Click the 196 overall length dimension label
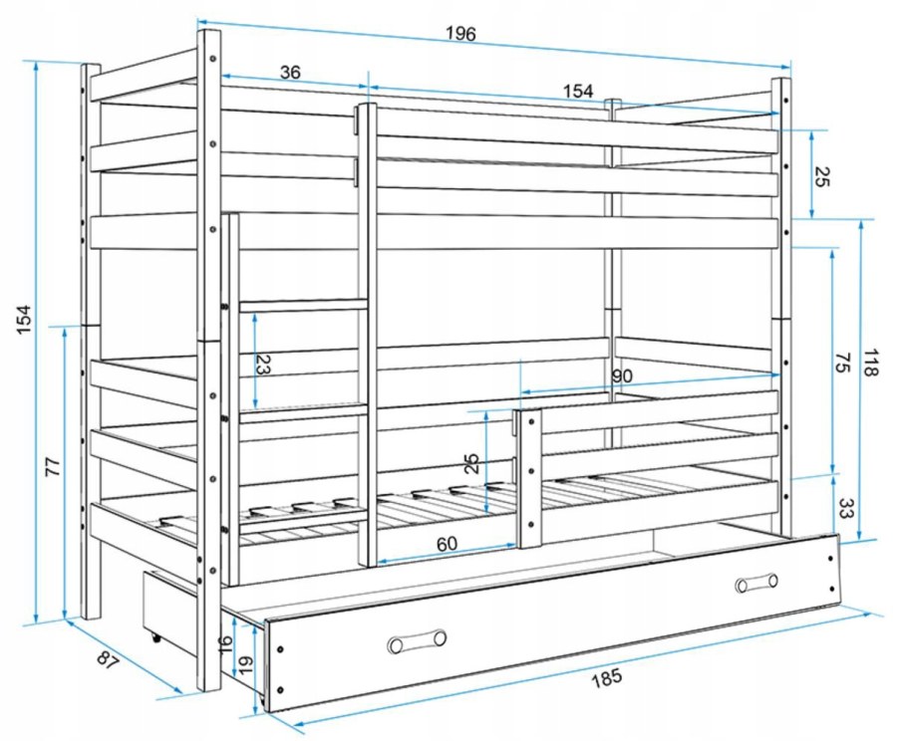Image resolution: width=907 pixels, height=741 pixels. [x=460, y=34]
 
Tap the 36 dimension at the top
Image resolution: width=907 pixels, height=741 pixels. [x=290, y=73]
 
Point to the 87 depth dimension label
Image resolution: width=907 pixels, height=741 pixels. [x=108, y=660]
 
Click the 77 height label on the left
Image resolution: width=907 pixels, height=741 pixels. [x=53, y=466]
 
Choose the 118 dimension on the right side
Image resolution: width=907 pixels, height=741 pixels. [x=870, y=363]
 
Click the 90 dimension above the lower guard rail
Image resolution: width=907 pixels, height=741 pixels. [x=622, y=376]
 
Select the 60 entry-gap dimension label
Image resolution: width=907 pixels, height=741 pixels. [x=447, y=544]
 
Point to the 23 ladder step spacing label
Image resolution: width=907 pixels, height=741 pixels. [x=263, y=366]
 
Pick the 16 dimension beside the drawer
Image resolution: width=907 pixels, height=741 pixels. [x=226, y=642]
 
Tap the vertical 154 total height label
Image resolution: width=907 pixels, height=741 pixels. [x=24, y=319]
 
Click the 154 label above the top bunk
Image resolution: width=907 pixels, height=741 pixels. [x=578, y=91]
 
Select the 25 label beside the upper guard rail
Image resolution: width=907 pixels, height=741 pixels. [x=823, y=177]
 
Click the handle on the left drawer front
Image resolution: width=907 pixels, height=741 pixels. [x=417, y=640]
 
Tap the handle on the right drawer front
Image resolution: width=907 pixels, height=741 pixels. [x=756, y=584]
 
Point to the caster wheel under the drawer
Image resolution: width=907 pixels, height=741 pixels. [x=155, y=637]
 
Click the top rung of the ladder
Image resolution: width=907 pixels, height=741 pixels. [x=304, y=305]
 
